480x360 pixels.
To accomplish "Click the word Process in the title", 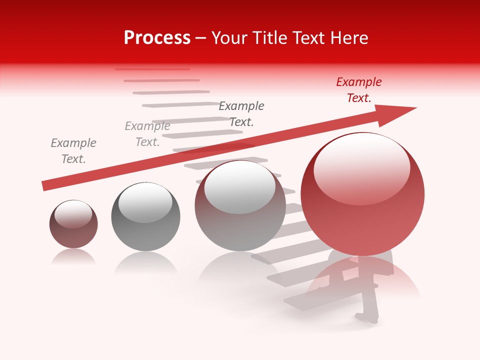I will (x=157, y=38).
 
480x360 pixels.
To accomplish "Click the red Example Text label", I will (x=358, y=90).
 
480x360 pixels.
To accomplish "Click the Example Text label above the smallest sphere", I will (x=73, y=151).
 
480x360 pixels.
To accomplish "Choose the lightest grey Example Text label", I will (x=147, y=134).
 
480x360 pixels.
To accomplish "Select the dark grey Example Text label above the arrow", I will (x=241, y=113).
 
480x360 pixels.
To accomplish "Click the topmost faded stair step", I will (x=152, y=69).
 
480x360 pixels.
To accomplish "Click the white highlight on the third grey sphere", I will (x=240, y=186).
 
